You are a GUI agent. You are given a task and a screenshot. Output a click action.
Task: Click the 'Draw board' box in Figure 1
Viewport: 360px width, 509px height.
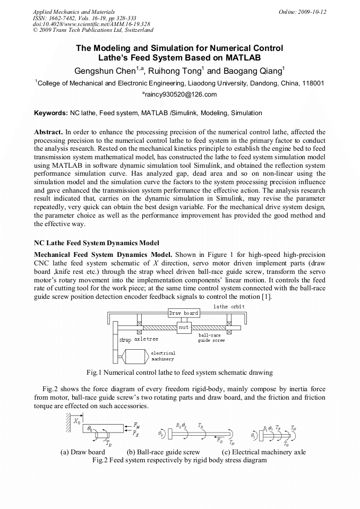[x=184, y=313]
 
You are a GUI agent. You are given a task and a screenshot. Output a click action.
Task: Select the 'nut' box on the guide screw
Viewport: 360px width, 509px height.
[x=184, y=327]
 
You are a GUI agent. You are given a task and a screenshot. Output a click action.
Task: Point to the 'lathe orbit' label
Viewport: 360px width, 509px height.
[x=229, y=307]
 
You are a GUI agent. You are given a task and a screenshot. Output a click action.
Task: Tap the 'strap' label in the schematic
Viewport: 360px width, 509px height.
[x=125, y=340]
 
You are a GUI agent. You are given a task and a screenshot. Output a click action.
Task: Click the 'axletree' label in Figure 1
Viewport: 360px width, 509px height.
[x=146, y=339]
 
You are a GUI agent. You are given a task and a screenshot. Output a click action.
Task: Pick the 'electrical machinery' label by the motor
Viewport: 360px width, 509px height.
[x=163, y=356]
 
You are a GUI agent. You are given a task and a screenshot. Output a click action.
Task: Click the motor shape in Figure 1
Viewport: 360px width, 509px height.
[x=134, y=356]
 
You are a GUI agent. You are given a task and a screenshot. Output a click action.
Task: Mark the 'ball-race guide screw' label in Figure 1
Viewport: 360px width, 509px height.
[x=211, y=338]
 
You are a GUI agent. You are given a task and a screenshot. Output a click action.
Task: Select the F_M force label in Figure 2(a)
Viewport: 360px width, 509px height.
[x=137, y=426]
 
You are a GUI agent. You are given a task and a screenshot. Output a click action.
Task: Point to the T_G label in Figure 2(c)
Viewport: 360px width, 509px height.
[x=286, y=443]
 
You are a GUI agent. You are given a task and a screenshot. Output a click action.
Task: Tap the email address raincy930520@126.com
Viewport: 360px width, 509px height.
[x=179, y=95]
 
